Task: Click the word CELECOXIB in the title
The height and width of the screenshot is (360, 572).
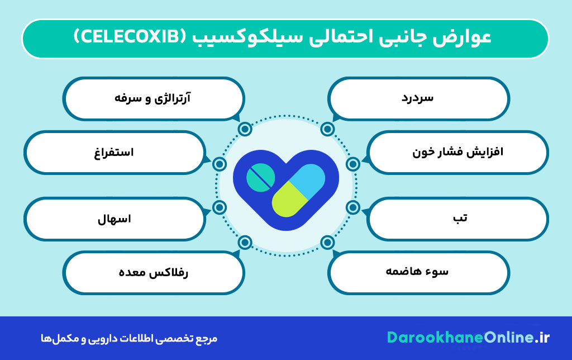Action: (x=132, y=38)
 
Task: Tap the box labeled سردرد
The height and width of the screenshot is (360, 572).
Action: (x=418, y=98)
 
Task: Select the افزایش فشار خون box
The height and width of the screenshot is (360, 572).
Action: (x=458, y=152)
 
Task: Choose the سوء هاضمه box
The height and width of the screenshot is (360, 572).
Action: (x=418, y=272)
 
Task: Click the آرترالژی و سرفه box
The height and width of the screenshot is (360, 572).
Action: (x=154, y=98)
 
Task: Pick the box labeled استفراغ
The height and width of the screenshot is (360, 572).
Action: (x=114, y=152)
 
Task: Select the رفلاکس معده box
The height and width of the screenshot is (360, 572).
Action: (x=154, y=272)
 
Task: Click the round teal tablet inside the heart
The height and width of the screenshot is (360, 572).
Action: (x=260, y=177)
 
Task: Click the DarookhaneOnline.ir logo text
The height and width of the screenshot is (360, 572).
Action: (x=469, y=338)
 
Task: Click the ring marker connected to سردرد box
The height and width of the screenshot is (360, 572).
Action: (x=328, y=129)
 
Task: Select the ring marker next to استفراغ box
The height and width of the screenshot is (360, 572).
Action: (x=220, y=164)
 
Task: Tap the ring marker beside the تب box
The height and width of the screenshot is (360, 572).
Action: (x=352, y=207)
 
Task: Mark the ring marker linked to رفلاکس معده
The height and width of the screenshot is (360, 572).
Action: (x=245, y=242)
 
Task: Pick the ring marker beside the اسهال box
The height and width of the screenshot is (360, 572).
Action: (x=220, y=207)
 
